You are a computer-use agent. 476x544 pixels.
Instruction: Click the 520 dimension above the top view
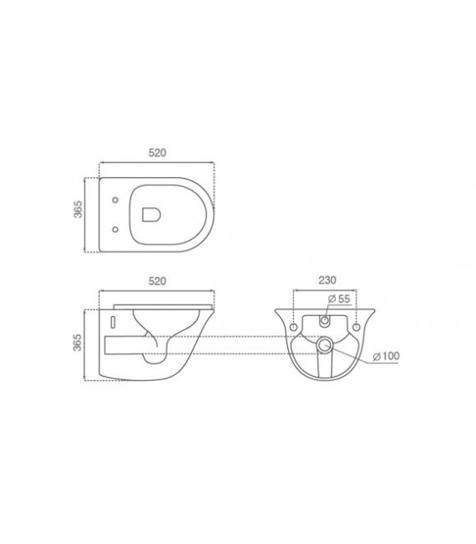(157, 153)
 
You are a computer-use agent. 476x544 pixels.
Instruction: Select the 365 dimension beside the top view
(78, 209)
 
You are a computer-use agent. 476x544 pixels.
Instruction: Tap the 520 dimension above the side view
(157, 281)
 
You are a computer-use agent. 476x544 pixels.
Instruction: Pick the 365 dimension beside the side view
(78, 342)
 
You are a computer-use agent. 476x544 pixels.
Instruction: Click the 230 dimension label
(327, 280)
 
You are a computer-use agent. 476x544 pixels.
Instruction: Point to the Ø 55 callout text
(339, 298)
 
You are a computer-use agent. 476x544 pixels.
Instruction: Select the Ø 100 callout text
(386, 356)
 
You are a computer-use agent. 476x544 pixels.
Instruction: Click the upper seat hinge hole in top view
(115, 201)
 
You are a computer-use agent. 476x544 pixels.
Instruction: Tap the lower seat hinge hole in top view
(115, 229)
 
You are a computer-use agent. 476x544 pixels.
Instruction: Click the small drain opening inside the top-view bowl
(151, 215)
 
